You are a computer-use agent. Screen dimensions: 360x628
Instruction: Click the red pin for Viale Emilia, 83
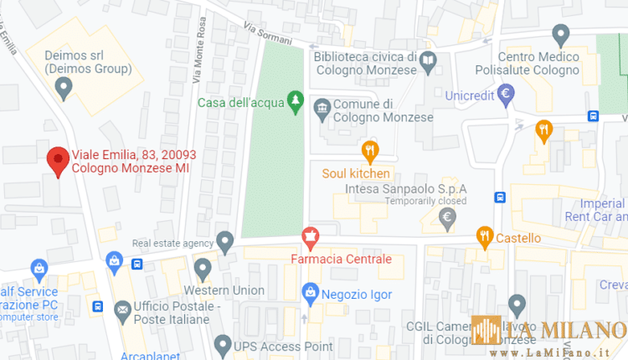(57, 160)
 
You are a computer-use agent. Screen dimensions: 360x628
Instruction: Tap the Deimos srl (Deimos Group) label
(89, 61)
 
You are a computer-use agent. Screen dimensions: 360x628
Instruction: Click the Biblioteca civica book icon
(428, 61)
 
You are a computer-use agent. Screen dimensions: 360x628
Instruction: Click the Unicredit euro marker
(505, 95)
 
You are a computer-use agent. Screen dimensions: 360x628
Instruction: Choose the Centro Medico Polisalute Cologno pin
(562, 35)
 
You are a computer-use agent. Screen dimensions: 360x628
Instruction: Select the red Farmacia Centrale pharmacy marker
(311, 238)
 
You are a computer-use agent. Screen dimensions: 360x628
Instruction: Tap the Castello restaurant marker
(484, 238)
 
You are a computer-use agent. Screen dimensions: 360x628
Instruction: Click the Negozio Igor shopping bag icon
(311, 293)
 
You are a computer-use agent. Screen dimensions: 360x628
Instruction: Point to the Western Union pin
(202, 270)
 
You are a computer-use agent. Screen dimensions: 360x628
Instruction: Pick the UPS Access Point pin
(222, 345)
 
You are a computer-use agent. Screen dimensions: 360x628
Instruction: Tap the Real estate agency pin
(224, 242)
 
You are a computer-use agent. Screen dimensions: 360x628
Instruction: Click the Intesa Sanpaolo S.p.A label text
(405, 189)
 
